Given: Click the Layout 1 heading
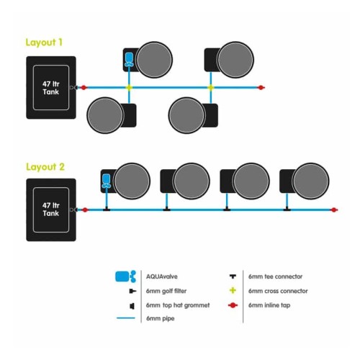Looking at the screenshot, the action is click(44, 42).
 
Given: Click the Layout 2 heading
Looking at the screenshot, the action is click(45, 167).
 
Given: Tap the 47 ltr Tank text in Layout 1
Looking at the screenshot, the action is click(51, 88).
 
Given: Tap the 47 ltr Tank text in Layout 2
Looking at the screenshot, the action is click(51, 210).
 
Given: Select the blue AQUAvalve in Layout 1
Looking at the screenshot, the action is click(129, 60).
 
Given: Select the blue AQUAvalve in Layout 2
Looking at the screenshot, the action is click(107, 181).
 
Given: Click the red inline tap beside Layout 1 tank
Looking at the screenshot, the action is click(84, 88).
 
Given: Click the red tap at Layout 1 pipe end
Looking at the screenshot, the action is click(261, 88).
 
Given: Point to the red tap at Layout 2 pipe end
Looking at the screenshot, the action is click(334, 210).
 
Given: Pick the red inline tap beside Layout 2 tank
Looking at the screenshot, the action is click(85, 210).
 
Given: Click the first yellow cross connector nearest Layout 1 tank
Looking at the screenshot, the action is click(129, 88).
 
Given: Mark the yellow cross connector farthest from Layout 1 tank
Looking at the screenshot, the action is click(211, 88).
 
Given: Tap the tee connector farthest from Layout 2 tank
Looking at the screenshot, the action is click(287, 210).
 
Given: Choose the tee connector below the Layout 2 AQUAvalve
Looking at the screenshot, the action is click(107, 210).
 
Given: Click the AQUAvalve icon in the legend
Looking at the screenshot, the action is click(125, 276).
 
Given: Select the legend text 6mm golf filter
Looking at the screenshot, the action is click(166, 291).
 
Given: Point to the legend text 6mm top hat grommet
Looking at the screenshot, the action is click(178, 305).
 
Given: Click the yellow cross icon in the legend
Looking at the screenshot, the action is click(233, 291).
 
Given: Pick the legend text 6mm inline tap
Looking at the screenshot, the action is click(269, 305).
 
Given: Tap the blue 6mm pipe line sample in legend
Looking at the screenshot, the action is click(126, 318).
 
